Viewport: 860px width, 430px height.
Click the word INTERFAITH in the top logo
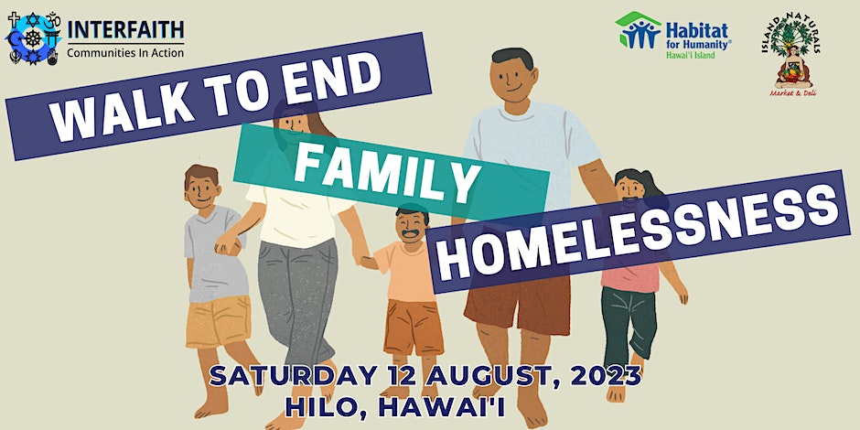tap(125, 29)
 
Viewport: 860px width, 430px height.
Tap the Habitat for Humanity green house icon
tap(638, 30)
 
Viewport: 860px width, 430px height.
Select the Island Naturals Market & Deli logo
tap(792, 54)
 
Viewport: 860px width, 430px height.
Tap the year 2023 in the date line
tap(606, 376)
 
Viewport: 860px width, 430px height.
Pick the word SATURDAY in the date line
tap(294, 376)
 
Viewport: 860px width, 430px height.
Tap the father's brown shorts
tap(517, 304)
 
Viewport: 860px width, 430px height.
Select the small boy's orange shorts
tap(413, 328)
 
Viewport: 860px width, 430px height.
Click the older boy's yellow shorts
tap(219, 322)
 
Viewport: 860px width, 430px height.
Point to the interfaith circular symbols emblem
tap(33, 38)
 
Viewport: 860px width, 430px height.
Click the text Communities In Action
tap(125, 53)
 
